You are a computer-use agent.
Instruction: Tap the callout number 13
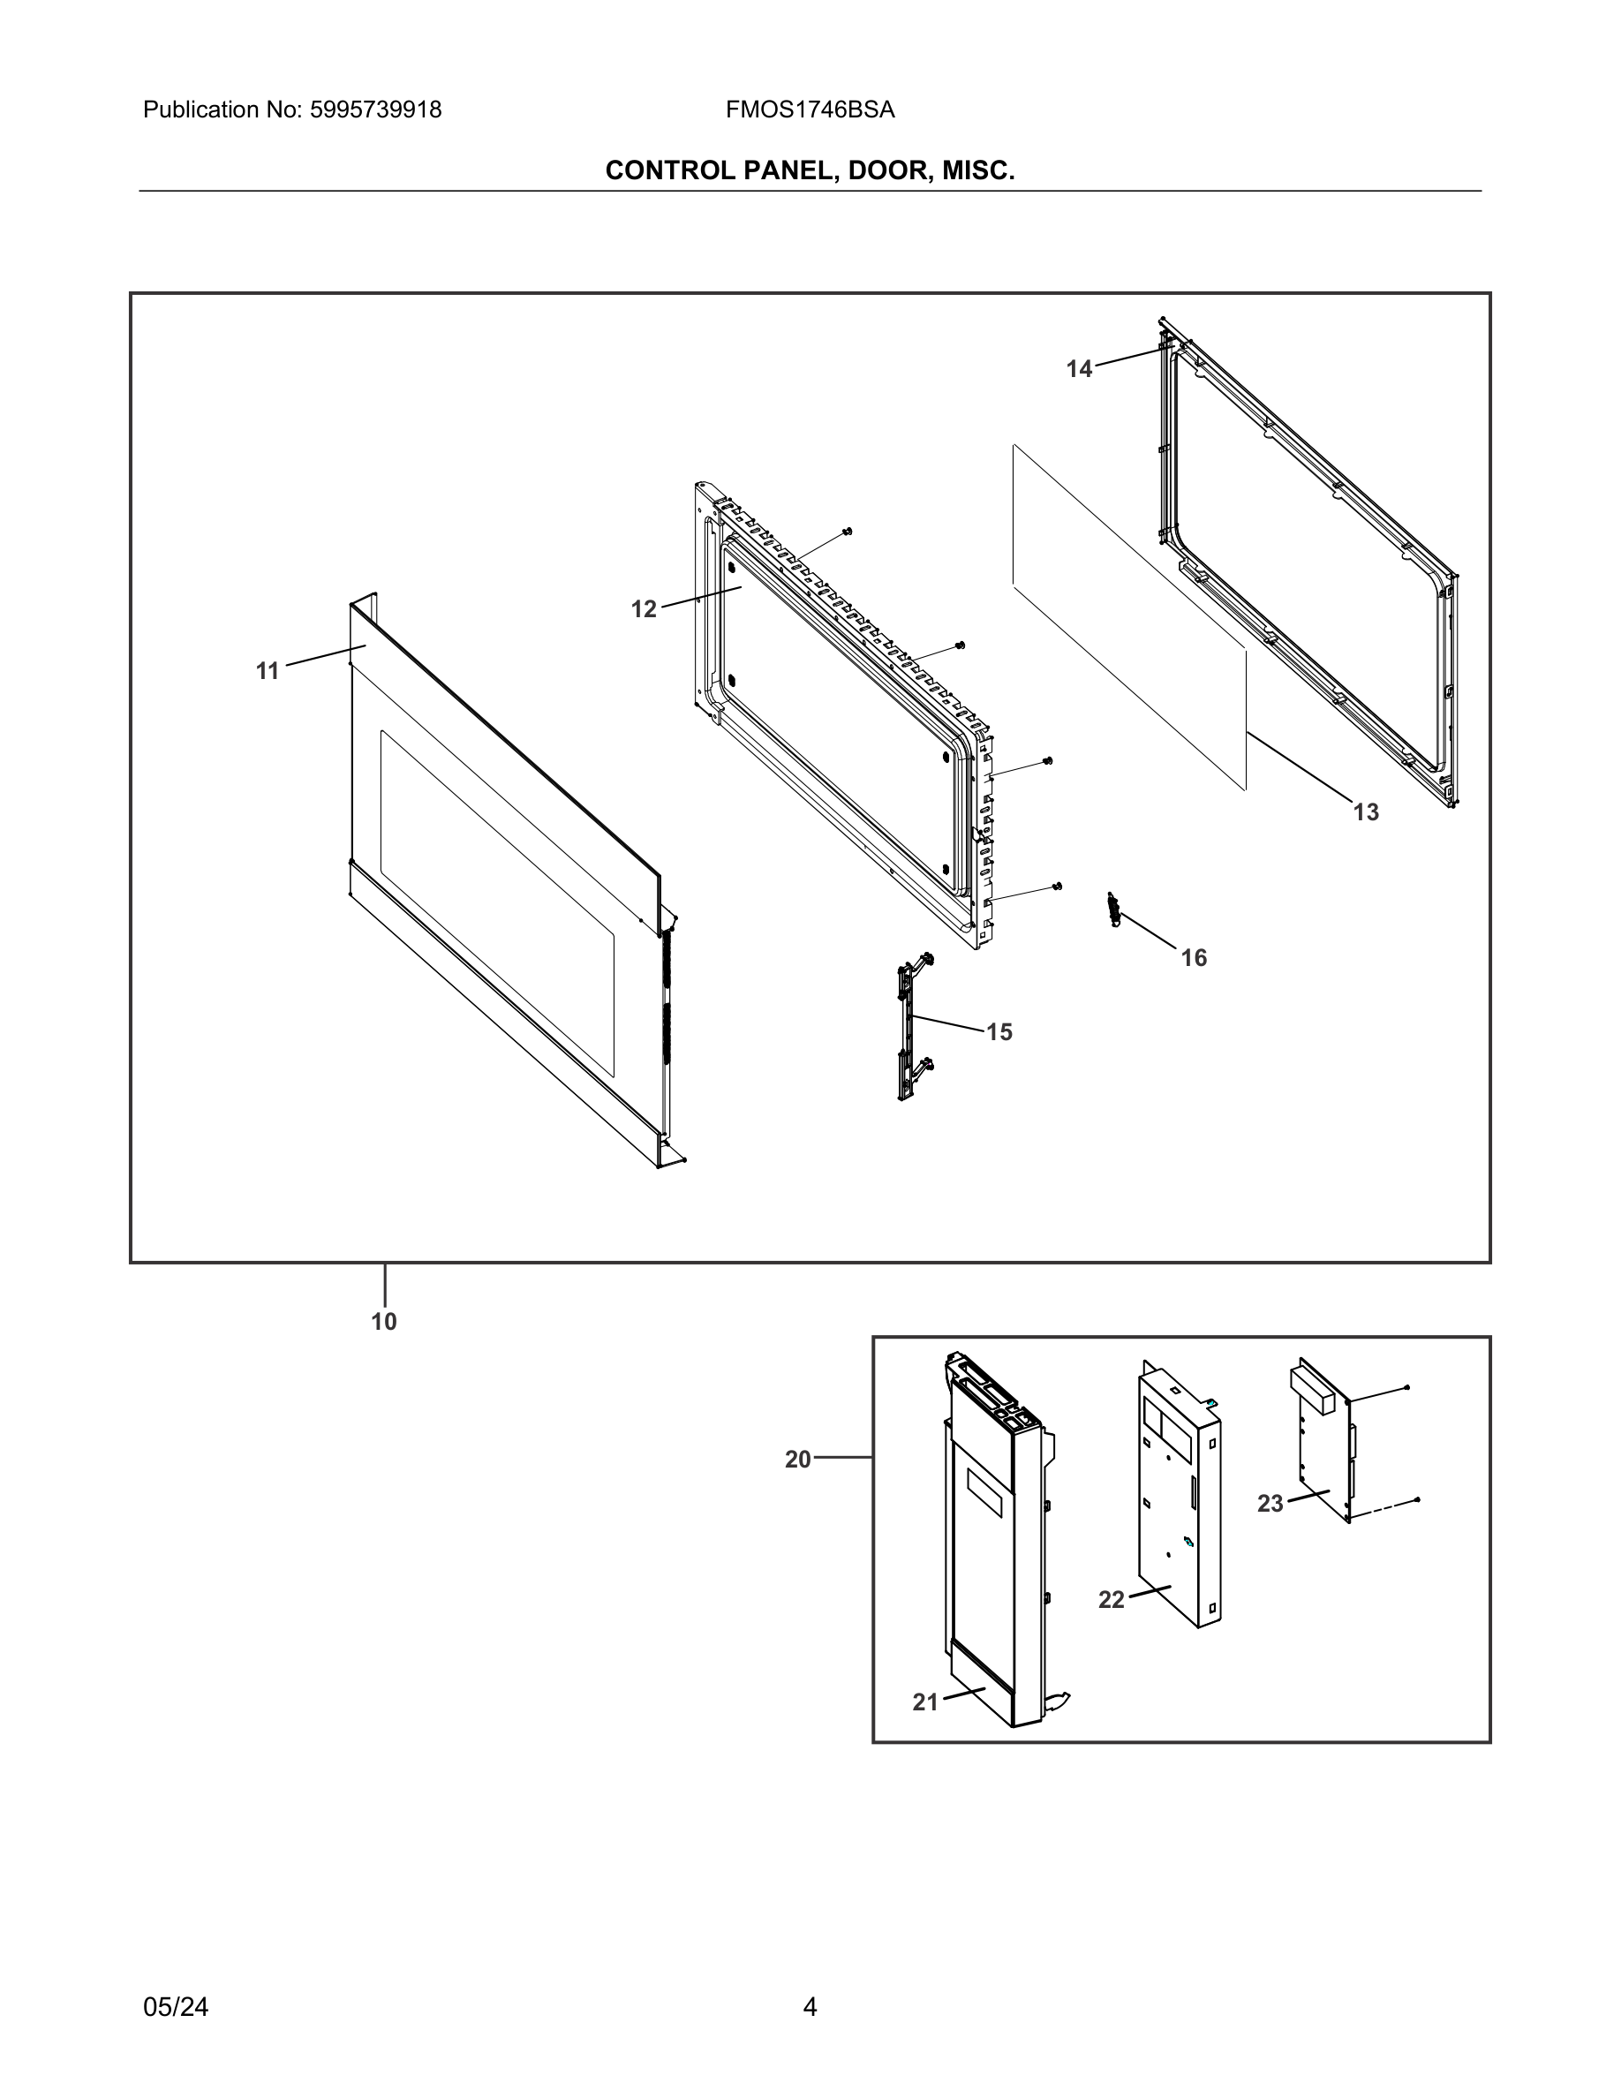tap(1366, 812)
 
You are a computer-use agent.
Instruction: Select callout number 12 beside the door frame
tap(644, 609)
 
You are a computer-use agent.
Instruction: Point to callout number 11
tap(268, 670)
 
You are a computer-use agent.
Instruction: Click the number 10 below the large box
tap(384, 1322)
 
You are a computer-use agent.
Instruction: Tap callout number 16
tap(1194, 958)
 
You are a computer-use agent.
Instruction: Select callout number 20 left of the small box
tap(798, 1460)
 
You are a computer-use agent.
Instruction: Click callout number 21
tap(924, 1702)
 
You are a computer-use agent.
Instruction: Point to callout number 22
tap(1111, 1599)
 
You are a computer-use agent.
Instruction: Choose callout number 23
tap(1270, 1504)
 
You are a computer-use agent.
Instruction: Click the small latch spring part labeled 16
tap(1114, 909)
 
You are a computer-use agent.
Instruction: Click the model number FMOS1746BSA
tap(810, 110)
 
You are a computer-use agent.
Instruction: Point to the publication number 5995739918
tap(374, 110)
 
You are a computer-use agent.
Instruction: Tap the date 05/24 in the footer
tap(176, 2007)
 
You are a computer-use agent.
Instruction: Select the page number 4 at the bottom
tap(810, 2007)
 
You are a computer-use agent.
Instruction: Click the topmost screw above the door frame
tap(847, 531)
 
